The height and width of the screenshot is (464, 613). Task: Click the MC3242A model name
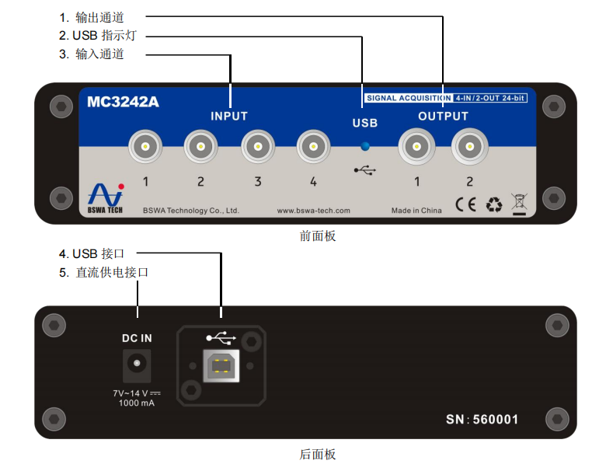coord(123,102)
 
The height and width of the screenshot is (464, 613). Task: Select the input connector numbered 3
coord(256,145)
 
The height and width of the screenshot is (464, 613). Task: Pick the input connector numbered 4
coord(312,145)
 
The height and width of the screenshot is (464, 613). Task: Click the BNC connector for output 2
coord(469,145)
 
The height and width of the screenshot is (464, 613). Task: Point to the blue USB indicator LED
coord(365,145)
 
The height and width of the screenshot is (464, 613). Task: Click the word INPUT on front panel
coord(229,116)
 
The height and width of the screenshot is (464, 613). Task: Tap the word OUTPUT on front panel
coord(443,116)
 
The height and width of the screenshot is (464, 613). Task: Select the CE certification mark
coord(465,204)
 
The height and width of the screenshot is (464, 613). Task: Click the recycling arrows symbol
coord(494,204)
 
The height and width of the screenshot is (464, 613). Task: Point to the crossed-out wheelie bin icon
coord(519,203)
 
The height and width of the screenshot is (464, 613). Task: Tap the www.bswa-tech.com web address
coord(314,211)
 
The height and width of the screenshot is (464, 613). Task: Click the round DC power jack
coord(137,364)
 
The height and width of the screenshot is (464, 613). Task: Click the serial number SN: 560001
coord(482,420)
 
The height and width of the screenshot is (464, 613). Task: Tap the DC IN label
coord(137,338)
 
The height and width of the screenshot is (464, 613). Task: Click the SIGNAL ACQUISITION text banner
coord(408,98)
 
